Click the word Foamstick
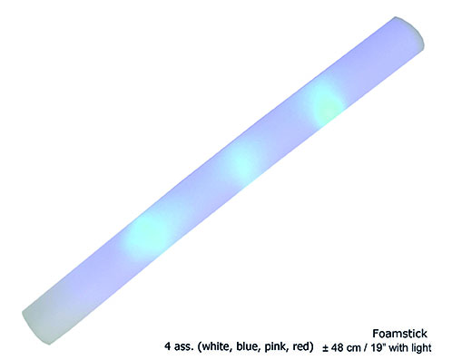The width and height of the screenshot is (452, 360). point(399,334)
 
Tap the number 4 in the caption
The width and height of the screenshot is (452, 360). point(168,346)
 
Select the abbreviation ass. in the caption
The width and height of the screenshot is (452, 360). point(183,346)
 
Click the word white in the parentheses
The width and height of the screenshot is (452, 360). point(217,346)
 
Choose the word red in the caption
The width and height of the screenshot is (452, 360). point(300,346)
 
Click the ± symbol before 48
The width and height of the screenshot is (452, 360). point(325,348)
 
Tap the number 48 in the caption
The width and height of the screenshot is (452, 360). point(338,347)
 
